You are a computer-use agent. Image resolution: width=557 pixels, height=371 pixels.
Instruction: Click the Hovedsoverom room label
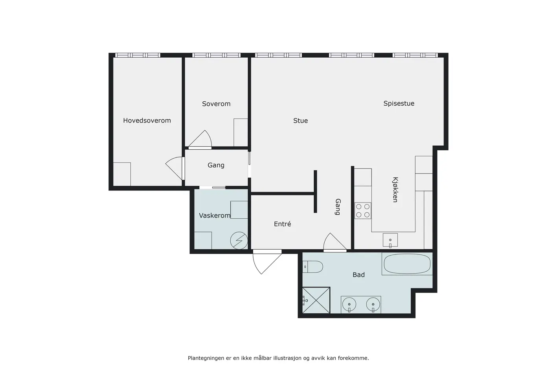pos(147,121)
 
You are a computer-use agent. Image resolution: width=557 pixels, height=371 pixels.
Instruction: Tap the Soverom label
pos(216,104)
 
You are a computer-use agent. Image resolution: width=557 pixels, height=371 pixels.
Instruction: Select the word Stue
pos(300,121)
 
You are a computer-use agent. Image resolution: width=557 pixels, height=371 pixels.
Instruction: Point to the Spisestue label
pos(399,104)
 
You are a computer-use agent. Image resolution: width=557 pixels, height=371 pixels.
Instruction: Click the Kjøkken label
pos(395,190)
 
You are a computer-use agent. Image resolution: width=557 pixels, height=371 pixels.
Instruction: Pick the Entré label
pos(282,224)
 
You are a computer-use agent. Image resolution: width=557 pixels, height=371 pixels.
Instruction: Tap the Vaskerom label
pos(215,216)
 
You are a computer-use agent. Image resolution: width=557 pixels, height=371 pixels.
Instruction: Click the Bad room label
pos(358,275)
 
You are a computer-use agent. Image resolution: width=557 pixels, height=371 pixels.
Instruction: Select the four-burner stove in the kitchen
pos(363,210)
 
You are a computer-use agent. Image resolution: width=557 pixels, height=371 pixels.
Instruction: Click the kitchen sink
pos(390,240)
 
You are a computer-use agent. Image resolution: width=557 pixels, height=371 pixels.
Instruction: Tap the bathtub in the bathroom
pos(407,264)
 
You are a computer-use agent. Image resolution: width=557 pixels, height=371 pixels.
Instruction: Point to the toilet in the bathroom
pos(313,267)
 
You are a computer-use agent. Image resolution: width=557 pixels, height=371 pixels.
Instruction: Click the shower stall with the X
pos(316,300)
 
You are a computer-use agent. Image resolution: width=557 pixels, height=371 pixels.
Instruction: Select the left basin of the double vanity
pos(349,304)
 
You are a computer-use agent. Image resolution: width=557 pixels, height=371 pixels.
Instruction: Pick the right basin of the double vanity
pos(373,304)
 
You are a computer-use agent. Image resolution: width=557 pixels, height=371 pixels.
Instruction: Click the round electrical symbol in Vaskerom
pos(239,240)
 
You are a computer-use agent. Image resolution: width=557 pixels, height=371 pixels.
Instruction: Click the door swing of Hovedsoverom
pos(175,168)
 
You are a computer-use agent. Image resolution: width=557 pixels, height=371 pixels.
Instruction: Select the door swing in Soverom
pos(200,139)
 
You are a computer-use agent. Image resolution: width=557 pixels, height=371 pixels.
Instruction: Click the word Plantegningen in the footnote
pos(206,358)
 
